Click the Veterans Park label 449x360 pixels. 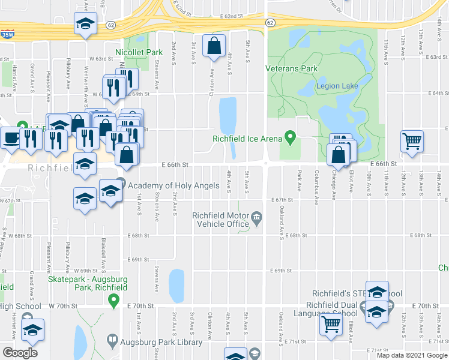tap(292, 68)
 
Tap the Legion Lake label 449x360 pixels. tap(337, 86)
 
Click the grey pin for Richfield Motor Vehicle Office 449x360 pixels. tap(257, 217)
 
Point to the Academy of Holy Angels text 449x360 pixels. tap(173, 185)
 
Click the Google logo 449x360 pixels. tap(20, 352)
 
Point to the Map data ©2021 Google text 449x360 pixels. tap(411, 355)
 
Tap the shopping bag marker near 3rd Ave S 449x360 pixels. tap(214, 46)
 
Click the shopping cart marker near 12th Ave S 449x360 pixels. tap(412, 141)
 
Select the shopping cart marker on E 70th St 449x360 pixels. tap(331, 324)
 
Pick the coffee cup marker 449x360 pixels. tap(10, 137)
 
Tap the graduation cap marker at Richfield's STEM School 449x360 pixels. tap(377, 292)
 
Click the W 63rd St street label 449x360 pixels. tap(101, 59)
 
